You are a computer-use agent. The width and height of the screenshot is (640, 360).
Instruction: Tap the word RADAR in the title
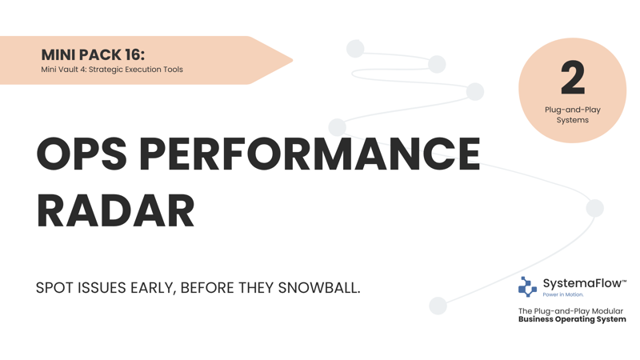115,211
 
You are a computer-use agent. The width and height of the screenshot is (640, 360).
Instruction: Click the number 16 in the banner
133,54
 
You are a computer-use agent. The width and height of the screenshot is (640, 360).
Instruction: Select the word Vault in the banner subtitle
69,70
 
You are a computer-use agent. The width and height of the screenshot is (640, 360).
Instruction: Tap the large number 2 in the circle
573,78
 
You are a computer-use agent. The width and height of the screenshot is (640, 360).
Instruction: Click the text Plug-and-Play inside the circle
573,110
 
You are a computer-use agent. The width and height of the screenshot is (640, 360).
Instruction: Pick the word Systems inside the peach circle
573,120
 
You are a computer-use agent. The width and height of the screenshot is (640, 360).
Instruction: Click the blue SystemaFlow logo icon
527,286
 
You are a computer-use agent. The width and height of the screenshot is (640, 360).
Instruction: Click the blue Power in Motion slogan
563,294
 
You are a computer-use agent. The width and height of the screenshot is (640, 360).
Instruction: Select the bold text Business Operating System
572,319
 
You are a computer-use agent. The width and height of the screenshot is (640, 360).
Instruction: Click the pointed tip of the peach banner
293,61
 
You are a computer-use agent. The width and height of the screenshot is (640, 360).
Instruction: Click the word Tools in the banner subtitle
174,70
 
